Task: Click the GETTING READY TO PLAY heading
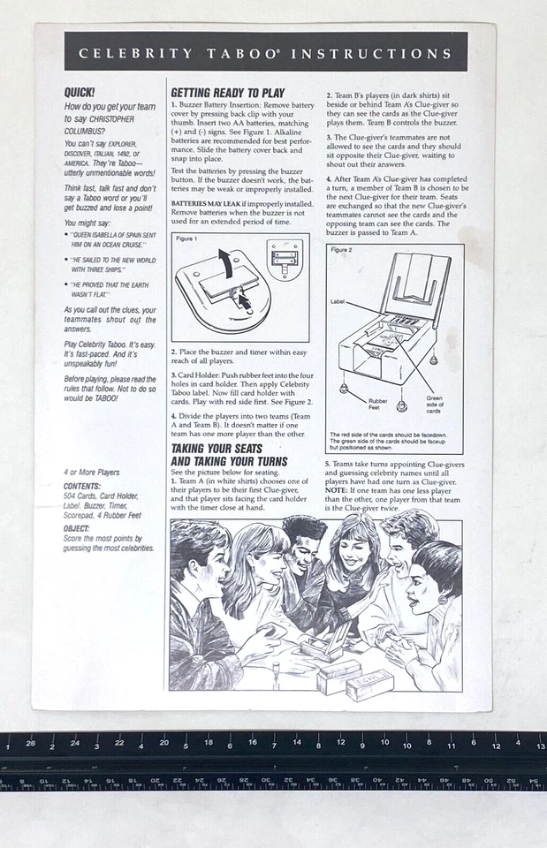click(x=227, y=92)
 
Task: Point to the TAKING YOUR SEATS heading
click(x=216, y=449)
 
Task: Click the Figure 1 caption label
click(x=186, y=239)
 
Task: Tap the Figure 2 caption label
click(x=341, y=250)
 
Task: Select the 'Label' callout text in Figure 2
click(x=338, y=301)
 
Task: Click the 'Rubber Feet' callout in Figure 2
click(x=378, y=404)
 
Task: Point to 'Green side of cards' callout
click(x=434, y=404)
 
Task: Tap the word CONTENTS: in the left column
click(x=81, y=486)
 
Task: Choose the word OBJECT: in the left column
click(x=77, y=528)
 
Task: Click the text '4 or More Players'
click(x=92, y=473)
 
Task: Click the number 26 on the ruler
click(x=31, y=743)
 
